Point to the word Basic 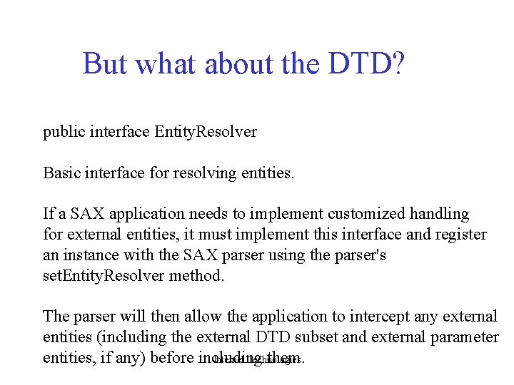pyautogui.click(x=62, y=173)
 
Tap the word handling pyautogui.click(x=440, y=214)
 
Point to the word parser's pyautogui.click(x=361, y=255)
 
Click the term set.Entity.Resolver pyautogui.click(x=104, y=276)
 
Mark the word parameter pyautogui.click(x=465, y=337)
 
